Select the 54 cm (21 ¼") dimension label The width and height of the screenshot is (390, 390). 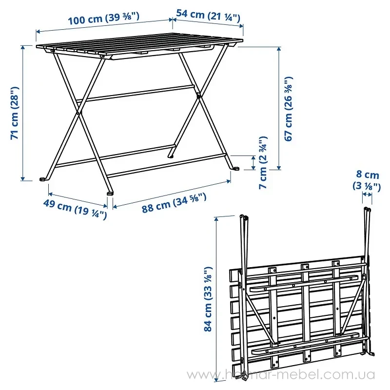coord(208,16)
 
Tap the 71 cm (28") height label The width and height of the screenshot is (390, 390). coord(15,113)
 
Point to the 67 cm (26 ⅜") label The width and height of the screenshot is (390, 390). coord(289,109)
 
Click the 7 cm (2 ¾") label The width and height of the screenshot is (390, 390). coord(263,162)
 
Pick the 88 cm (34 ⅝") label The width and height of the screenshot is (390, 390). coord(174,203)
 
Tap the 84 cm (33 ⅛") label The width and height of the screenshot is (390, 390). coord(208,299)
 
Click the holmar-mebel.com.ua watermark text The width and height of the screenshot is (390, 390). coord(281,374)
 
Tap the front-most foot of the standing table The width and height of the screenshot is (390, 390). coord(110,193)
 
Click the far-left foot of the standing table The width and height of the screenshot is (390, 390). coord(43,179)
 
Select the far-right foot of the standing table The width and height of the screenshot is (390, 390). coord(235,168)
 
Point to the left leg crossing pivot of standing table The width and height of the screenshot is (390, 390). coord(78,113)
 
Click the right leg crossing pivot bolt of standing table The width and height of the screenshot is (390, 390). coord(198,95)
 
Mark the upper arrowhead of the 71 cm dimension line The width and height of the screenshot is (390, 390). coord(23,48)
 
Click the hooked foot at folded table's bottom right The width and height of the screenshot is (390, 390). coord(370,353)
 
